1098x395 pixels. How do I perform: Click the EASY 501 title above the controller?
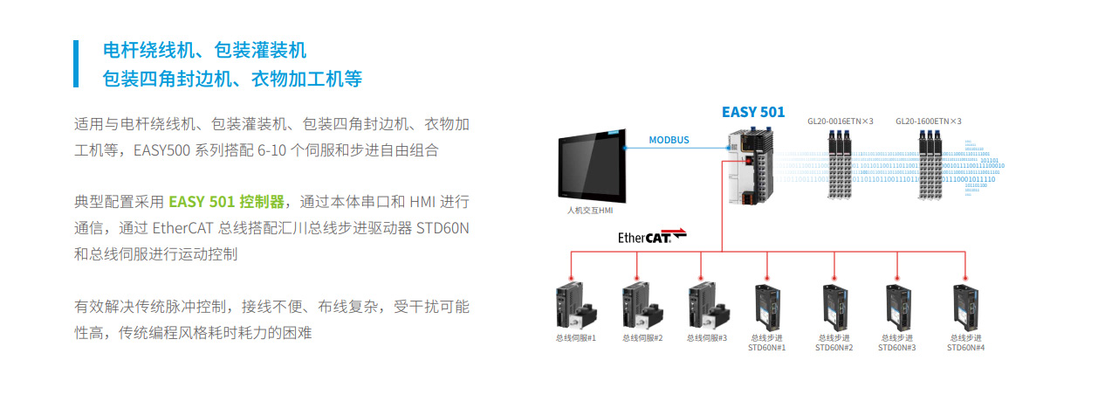pos(752,112)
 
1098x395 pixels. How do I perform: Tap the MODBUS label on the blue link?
pos(669,140)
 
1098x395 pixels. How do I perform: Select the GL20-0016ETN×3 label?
pos(841,121)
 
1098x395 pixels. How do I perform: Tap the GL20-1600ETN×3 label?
pos(929,121)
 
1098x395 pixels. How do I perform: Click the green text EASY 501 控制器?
pos(227,202)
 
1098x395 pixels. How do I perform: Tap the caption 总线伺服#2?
pos(642,338)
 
